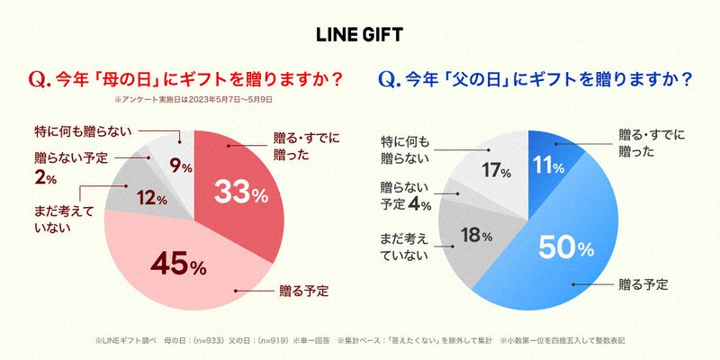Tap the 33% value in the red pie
coord(240,192)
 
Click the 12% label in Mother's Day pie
coord(150,199)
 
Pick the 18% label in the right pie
coord(474,237)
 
